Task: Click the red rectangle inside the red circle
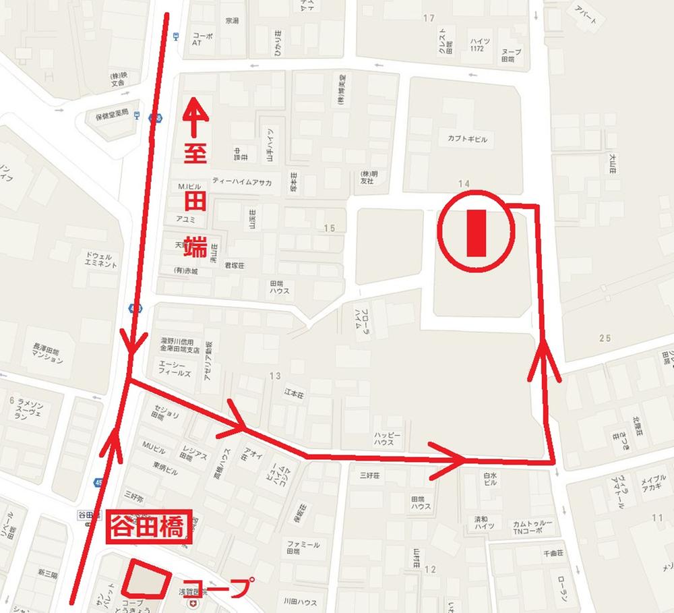[476, 233]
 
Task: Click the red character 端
[194, 246]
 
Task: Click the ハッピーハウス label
[388, 440]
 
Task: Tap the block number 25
[604, 337]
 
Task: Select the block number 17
[429, 18]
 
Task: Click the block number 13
[274, 376]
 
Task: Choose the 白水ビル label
[490, 479]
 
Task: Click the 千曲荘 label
[551, 553]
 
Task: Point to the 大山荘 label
[612, 163]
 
